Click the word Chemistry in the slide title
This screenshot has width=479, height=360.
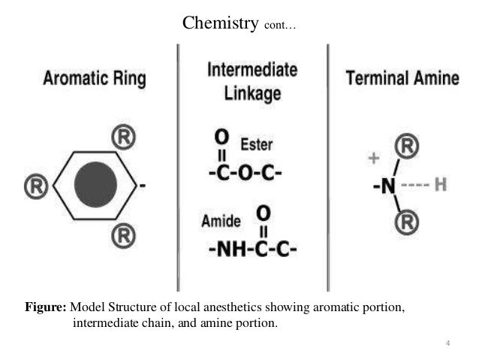tap(221, 24)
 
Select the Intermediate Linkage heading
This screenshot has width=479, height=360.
tap(252, 80)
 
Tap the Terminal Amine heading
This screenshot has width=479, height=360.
tap(402, 79)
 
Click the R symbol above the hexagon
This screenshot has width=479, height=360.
tap(124, 138)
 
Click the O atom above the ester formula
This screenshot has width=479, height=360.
tap(221, 138)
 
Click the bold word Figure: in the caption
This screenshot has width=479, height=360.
tap(47, 308)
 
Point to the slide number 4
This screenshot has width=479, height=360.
tap(448, 344)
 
